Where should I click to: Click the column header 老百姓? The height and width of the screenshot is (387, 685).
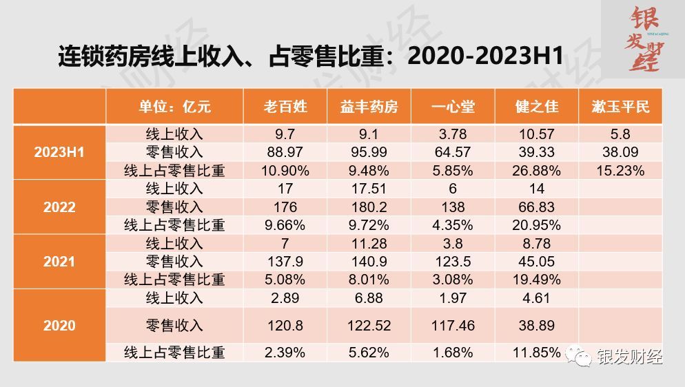(x=285, y=107)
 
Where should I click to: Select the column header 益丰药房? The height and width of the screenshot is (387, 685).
(x=369, y=107)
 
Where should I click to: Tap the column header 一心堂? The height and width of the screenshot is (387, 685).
(x=453, y=107)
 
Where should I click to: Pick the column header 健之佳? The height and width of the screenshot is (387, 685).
(x=537, y=107)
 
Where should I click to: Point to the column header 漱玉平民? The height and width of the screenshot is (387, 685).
(x=621, y=107)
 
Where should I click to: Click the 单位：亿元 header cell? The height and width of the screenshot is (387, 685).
(x=174, y=107)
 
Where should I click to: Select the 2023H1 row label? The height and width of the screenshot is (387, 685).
(x=59, y=152)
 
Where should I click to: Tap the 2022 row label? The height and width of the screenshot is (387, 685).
(x=59, y=207)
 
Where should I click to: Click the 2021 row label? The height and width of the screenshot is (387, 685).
(x=59, y=262)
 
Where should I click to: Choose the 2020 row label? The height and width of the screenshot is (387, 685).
(x=59, y=325)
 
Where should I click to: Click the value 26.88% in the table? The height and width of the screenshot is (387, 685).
(x=537, y=170)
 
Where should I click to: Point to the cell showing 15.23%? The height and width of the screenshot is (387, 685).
(x=621, y=170)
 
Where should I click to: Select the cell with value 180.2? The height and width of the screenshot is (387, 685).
(x=369, y=207)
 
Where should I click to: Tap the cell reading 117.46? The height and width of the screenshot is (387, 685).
(x=453, y=325)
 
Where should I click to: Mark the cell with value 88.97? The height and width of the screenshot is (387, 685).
(x=285, y=152)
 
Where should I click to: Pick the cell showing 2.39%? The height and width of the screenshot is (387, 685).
(x=285, y=353)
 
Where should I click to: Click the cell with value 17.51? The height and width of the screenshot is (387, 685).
(x=369, y=189)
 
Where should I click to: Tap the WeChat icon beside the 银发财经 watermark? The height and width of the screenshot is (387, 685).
(x=578, y=357)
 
